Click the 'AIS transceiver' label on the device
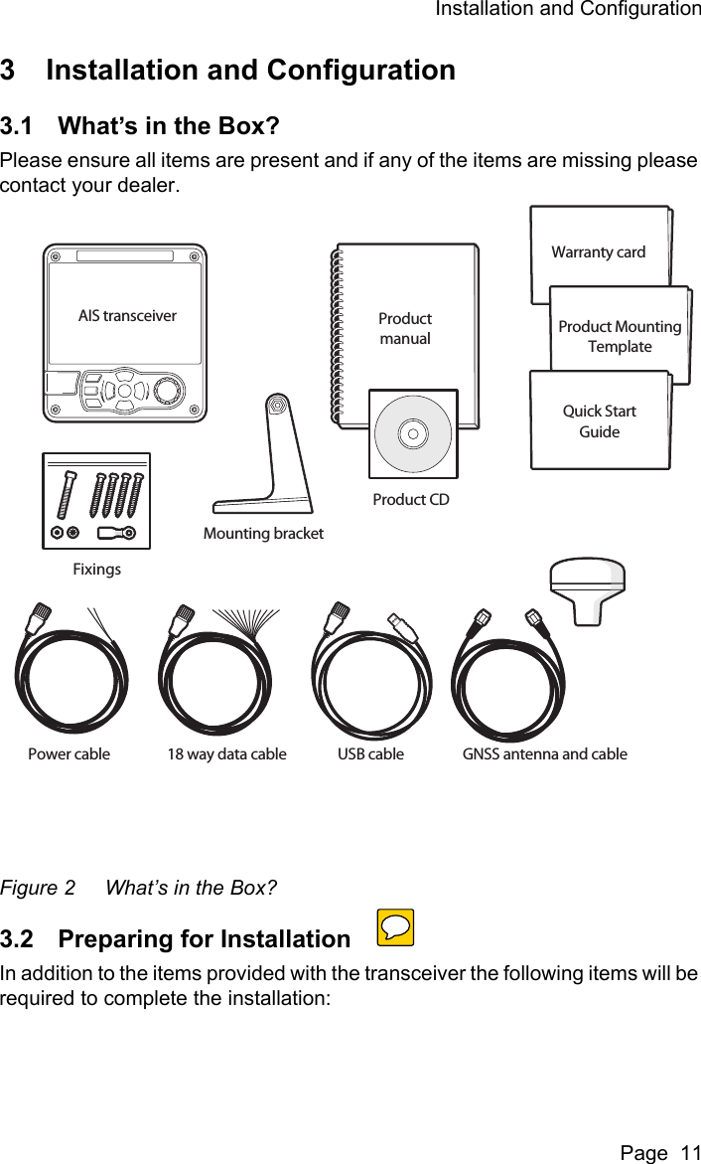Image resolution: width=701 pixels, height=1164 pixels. pyautogui.click(x=127, y=316)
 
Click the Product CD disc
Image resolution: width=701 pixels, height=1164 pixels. pyautogui.click(x=413, y=433)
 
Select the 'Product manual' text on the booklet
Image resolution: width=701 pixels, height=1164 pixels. pyautogui.click(x=405, y=329)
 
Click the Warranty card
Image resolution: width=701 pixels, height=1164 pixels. pyautogui.click(x=599, y=252)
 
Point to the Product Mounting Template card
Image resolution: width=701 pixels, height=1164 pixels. pyautogui.click(x=620, y=336)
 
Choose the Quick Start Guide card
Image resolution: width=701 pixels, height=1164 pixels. pyautogui.click(x=600, y=421)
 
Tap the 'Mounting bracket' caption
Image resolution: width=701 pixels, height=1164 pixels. pyautogui.click(x=263, y=534)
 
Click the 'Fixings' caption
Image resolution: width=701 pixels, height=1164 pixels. pyautogui.click(x=96, y=570)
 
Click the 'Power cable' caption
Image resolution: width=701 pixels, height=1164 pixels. pyautogui.click(x=69, y=753)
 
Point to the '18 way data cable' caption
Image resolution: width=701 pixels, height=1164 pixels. pyautogui.click(x=226, y=753)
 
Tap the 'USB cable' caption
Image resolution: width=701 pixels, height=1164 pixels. pyautogui.click(x=370, y=753)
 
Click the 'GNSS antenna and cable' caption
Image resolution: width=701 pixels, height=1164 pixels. pyautogui.click(x=544, y=753)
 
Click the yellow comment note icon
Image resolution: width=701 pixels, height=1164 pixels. pyautogui.click(x=395, y=928)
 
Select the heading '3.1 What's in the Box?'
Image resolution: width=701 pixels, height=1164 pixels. pyautogui.click(x=140, y=127)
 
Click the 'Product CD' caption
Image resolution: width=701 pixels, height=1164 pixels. pyautogui.click(x=411, y=500)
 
